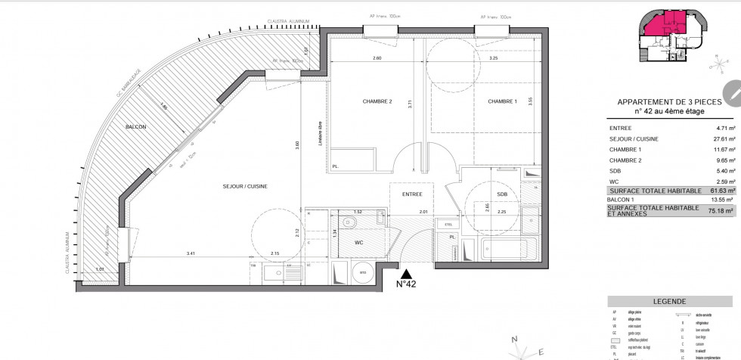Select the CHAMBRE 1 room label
503,101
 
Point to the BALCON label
137,127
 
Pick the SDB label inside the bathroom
502,194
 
